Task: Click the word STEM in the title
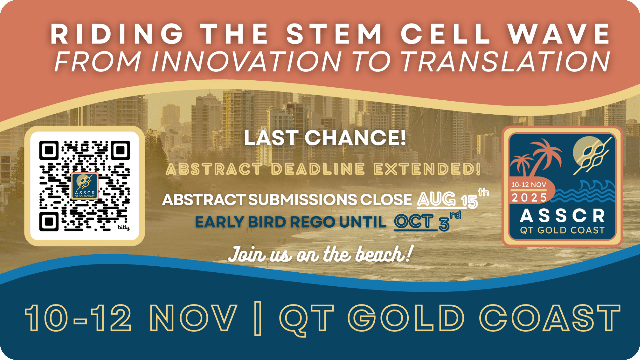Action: click(334, 34)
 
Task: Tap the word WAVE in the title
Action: click(559, 34)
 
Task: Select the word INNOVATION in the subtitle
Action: click(246, 61)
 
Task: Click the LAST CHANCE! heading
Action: click(325, 138)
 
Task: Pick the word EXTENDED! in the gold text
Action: click(427, 169)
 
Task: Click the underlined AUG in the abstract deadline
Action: click(436, 199)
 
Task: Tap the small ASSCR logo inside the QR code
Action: click(85, 186)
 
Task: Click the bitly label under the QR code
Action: click(123, 227)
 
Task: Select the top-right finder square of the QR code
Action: click(120, 150)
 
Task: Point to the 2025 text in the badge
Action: click(529, 198)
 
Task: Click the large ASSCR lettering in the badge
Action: click(562, 216)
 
